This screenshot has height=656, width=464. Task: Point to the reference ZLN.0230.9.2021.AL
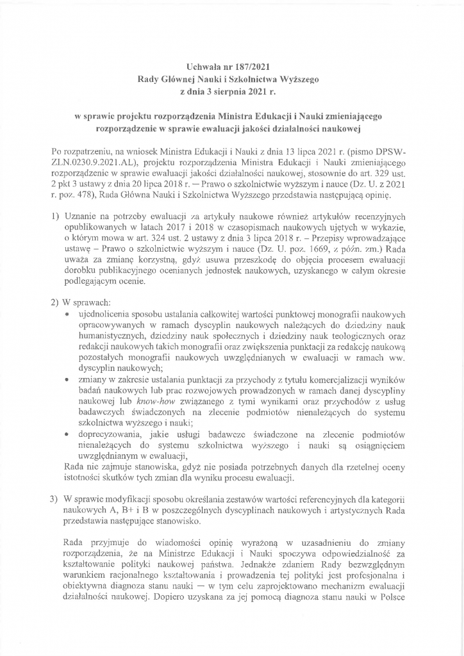94,164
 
